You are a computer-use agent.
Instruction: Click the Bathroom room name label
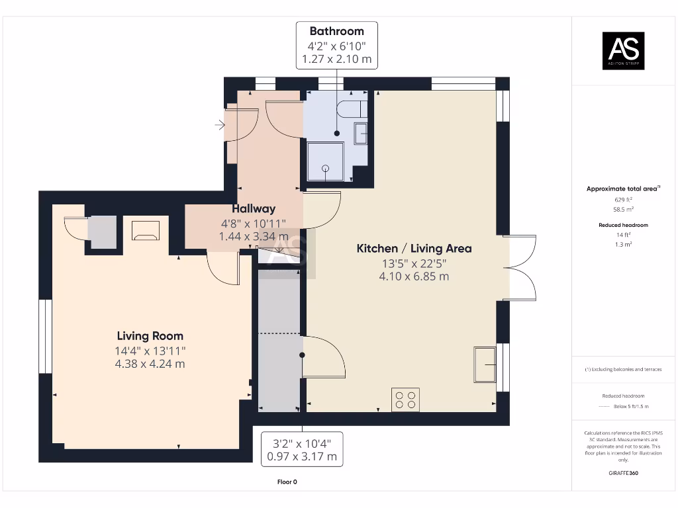(x=337, y=31)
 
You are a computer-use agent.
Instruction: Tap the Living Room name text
(x=150, y=335)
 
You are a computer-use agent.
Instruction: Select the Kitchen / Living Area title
(x=414, y=249)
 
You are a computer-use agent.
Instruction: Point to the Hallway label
(x=254, y=208)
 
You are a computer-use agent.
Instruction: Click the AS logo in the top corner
(x=624, y=50)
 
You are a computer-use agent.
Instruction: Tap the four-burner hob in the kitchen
(x=406, y=400)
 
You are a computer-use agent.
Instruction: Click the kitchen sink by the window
(x=485, y=364)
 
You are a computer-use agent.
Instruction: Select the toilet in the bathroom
(x=352, y=109)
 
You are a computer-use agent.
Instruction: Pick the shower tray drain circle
(x=326, y=169)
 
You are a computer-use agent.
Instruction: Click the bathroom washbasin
(x=361, y=134)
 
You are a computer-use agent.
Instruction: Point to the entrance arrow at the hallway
(x=220, y=125)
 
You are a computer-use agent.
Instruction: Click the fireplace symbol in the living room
(x=146, y=230)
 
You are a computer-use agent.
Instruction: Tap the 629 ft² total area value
(x=624, y=200)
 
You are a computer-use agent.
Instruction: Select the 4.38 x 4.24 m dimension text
(x=150, y=364)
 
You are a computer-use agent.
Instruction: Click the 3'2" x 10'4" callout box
(x=302, y=449)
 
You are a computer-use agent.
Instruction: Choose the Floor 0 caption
(x=287, y=482)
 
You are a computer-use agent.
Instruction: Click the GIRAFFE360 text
(x=624, y=473)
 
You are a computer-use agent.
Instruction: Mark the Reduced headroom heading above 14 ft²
(x=624, y=225)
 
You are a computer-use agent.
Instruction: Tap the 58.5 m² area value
(x=624, y=209)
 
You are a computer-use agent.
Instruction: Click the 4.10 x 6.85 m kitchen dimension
(x=414, y=276)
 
